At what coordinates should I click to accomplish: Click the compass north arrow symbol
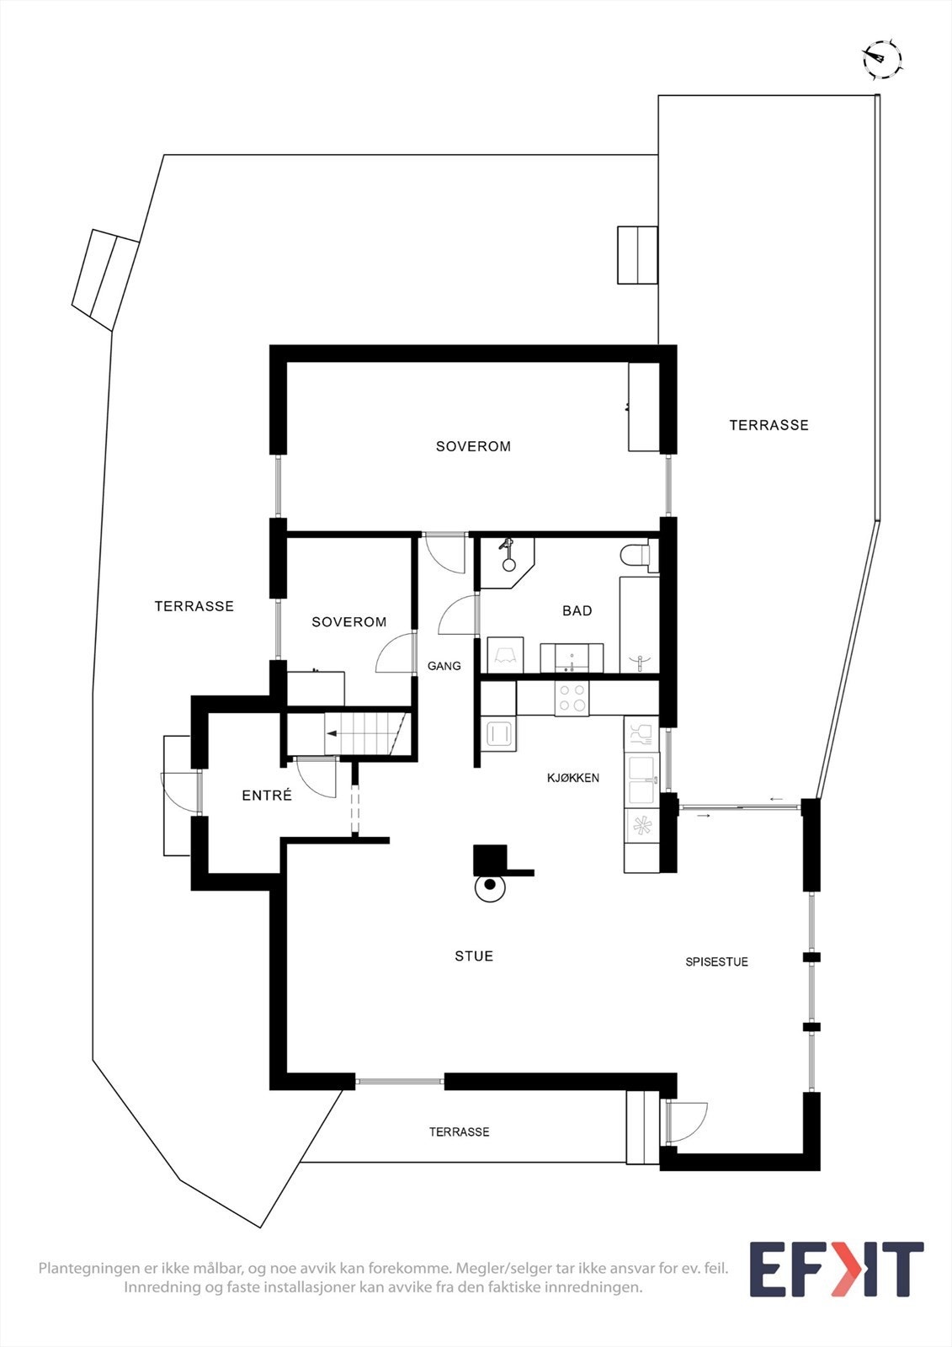click(x=881, y=59)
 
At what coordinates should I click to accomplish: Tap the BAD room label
click(x=577, y=610)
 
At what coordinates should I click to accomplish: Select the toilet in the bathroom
click(x=636, y=556)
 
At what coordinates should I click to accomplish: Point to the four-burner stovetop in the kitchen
click(x=572, y=699)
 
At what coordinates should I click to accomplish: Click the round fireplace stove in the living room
click(x=490, y=886)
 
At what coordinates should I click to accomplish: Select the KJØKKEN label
click(x=573, y=778)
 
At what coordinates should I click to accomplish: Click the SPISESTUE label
click(x=716, y=961)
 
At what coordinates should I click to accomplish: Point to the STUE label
click(x=474, y=956)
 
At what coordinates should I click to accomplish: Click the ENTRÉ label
click(x=267, y=795)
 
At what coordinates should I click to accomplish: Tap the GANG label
click(x=444, y=666)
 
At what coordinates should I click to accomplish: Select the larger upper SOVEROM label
click(x=473, y=446)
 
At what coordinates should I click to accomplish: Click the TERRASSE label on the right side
click(x=769, y=425)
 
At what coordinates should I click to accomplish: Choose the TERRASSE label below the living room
click(x=459, y=1132)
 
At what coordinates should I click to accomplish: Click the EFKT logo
click(x=836, y=1269)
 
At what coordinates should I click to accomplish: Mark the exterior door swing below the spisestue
click(x=686, y=1122)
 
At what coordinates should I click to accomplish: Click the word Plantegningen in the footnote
click(x=90, y=1268)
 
